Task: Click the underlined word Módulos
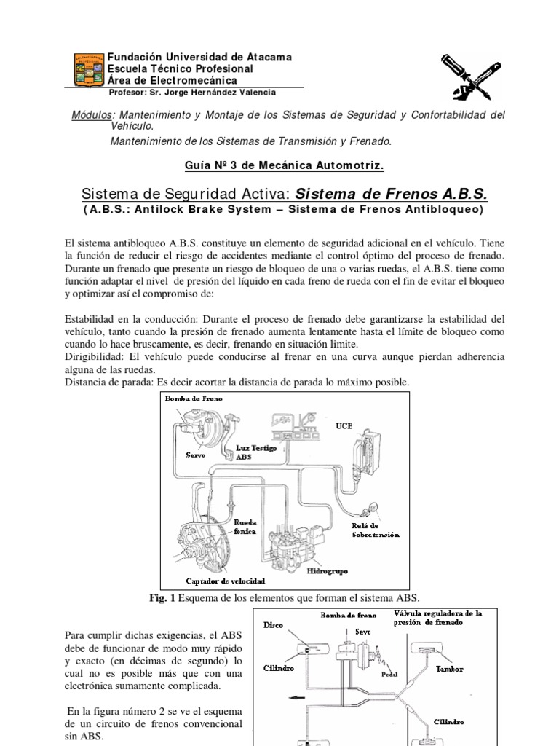point(94,115)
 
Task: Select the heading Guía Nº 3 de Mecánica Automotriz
point(285,165)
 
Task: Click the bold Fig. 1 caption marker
point(161,598)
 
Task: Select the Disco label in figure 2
point(274,624)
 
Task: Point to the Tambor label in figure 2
point(450,668)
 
